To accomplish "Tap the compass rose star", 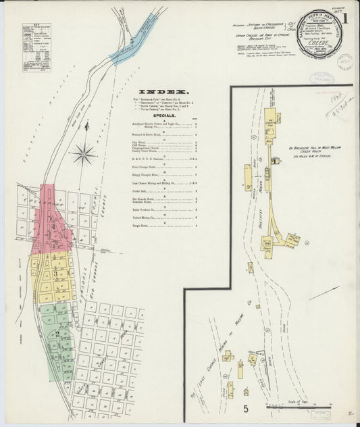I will coord(84,155).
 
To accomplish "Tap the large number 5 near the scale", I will coord(246,408).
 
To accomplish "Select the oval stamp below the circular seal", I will coord(323,78).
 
